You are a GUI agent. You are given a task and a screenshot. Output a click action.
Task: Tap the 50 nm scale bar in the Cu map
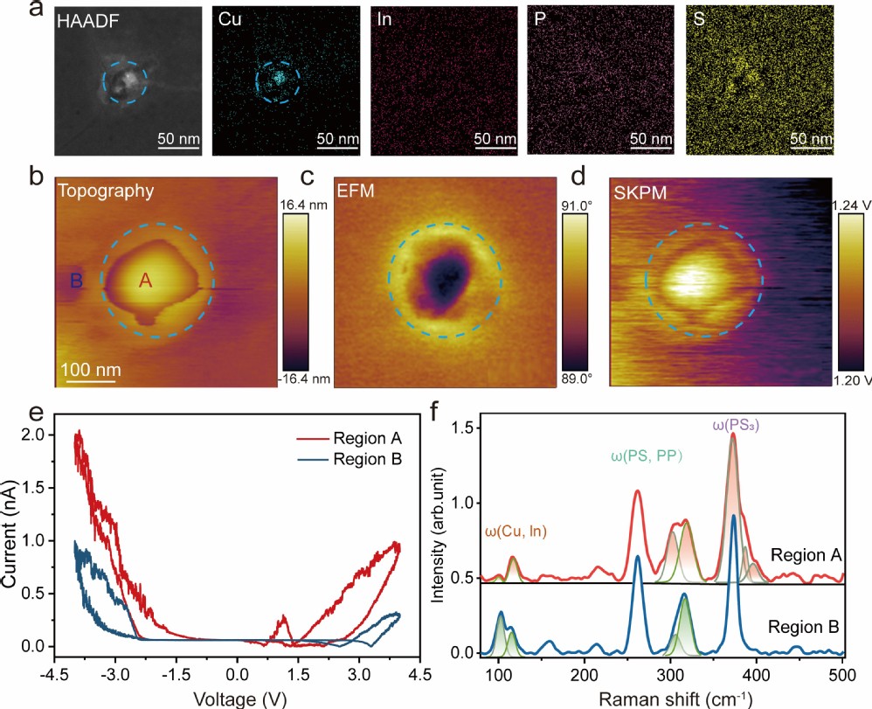click(x=337, y=138)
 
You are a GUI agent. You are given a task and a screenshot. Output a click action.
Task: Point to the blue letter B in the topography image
click(x=77, y=281)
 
